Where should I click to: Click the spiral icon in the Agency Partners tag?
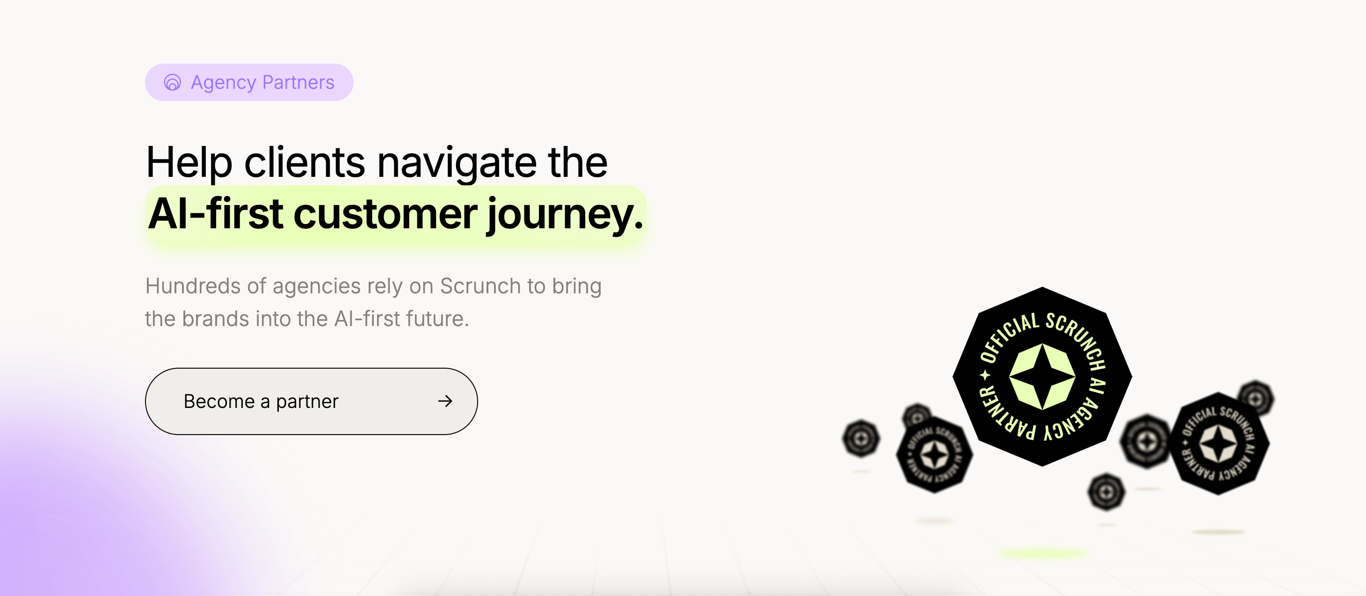click(x=172, y=83)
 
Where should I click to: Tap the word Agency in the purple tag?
click(x=223, y=83)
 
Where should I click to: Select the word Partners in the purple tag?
click(x=298, y=83)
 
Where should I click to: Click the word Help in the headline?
click(x=189, y=162)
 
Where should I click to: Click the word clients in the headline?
click(x=304, y=162)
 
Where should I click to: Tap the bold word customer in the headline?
click(x=385, y=214)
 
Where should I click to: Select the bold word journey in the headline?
click(x=559, y=214)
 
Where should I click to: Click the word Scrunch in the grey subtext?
click(x=480, y=286)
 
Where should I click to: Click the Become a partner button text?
click(x=261, y=401)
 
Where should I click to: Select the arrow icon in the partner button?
click(x=445, y=401)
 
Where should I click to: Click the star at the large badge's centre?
click(x=1042, y=377)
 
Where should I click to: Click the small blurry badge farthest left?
click(x=861, y=438)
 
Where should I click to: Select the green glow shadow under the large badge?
click(x=1042, y=553)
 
